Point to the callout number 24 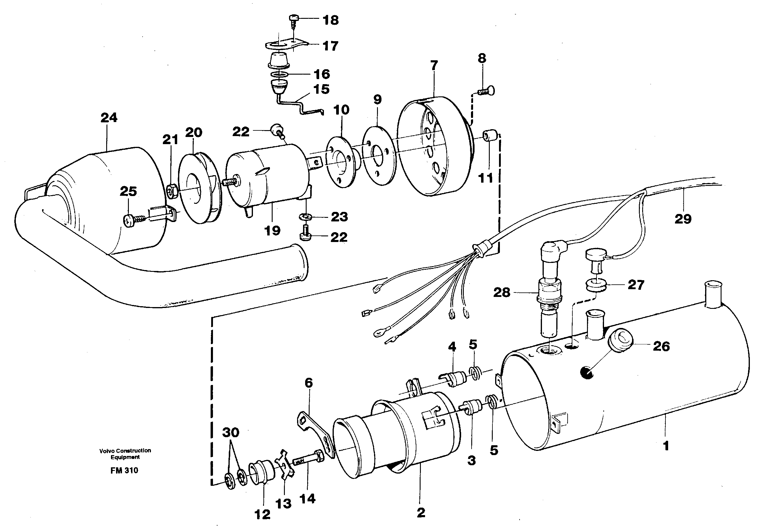(x=109, y=118)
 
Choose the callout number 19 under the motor (x=272, y=231)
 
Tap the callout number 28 (x=501, y=292)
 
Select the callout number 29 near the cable (x=682, y=219)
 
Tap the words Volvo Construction (x=125, y=450)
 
